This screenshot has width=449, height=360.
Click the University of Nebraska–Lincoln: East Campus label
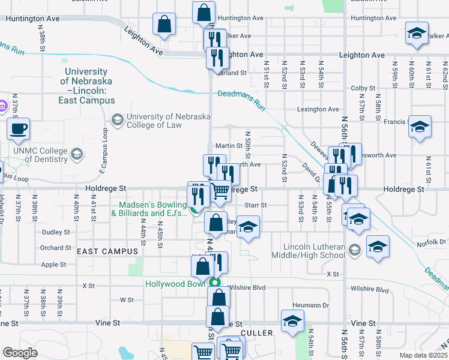point(87,86)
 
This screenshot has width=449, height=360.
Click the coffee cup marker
point(18,128)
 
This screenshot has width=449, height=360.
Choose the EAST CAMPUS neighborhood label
point(101,251)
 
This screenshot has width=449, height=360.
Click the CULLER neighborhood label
point(256,332)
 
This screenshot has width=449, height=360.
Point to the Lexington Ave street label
point(319,109)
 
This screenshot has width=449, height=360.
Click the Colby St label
point(363,88)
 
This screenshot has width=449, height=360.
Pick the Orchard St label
point(56,248)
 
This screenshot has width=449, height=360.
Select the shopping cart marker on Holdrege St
point(221,191)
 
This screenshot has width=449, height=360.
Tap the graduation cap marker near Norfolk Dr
point(378,247)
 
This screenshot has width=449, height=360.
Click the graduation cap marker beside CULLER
point(292,321)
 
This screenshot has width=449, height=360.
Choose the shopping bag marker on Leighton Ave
point(164,25)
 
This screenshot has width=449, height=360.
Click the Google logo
point(20,353)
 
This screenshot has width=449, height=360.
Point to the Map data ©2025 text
point(423,355)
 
